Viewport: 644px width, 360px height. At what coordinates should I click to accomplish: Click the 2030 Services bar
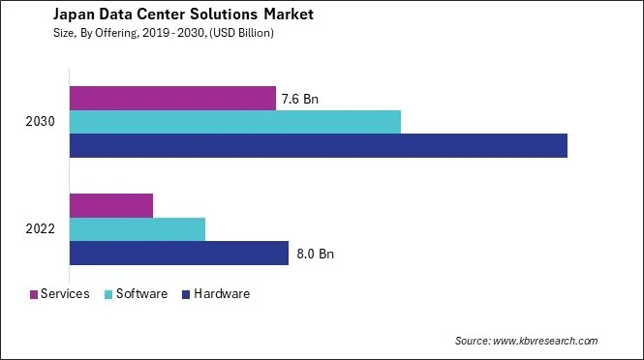(x=172, y=98)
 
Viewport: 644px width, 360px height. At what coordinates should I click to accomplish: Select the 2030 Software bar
(x=235, y=122)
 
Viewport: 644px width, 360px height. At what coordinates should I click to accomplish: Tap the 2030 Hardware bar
(x=319, y=145)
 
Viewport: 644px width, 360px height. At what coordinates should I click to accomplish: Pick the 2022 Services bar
(x=111, y=205)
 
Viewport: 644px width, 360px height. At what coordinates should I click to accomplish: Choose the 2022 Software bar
(x=138, y=229)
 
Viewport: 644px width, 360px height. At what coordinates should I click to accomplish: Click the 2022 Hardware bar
(x=179, y=254)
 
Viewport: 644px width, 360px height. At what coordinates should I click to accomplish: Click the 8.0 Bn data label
(x=315, y=255)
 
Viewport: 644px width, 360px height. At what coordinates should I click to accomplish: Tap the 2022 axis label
(x=41, y=229)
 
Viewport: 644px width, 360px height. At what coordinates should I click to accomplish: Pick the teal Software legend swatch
(x=110, y=294)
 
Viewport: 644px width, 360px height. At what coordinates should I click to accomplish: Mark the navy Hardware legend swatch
(x=186, y=294)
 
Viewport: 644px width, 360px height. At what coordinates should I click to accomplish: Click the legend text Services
(x=66, y=294)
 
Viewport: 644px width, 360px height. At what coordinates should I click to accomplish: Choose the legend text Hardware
(x=222, y=294)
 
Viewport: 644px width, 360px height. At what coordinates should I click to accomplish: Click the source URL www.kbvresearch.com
(x=545, y=341)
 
